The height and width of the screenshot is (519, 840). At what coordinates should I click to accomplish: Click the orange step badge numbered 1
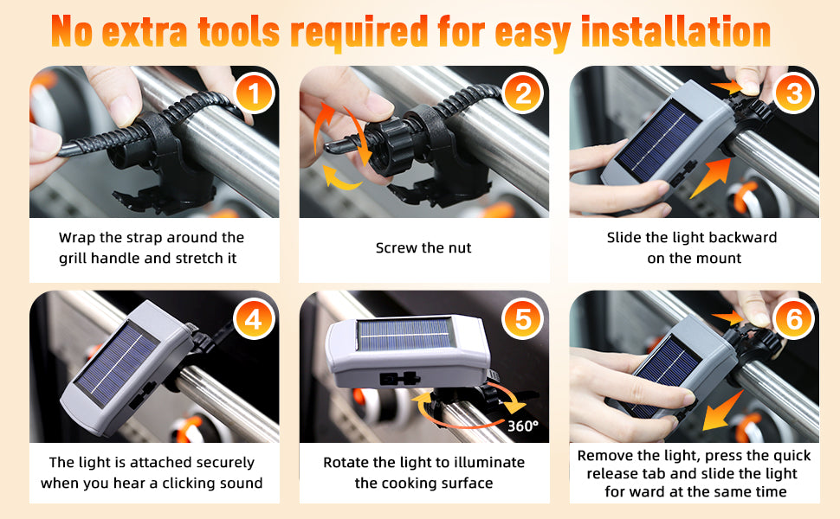(x=254, y=93)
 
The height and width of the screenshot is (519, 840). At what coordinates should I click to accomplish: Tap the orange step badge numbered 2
(x=523, y=93)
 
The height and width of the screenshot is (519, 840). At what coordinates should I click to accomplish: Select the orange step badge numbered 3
(x=794, y=93)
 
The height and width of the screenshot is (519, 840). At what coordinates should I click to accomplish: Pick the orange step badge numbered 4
(x=254, y=319)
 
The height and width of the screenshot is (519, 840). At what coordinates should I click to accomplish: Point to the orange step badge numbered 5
(x=523, y=319)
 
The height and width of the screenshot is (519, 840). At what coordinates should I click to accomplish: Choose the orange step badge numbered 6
(x=794, y=319)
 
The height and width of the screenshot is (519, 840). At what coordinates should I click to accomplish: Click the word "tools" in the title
(x=239, y=32)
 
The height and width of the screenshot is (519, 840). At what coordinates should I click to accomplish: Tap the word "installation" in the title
(x=675, y=31)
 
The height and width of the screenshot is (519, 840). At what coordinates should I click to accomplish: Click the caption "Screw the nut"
(x=423, y=247)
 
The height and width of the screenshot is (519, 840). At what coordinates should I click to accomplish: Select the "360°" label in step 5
(x=522, y=426)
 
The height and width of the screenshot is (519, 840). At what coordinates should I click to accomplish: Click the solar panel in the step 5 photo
(x=404, y=335)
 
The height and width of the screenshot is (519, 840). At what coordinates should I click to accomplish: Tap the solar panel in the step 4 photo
(x=116, y=365)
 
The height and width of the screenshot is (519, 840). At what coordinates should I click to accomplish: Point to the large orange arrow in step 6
(x=723, y=410)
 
